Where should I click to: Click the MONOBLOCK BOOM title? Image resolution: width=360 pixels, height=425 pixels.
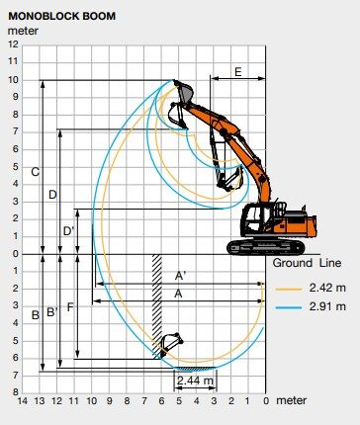click(61, 16)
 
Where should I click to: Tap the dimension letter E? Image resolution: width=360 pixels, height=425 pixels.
click(237, 72)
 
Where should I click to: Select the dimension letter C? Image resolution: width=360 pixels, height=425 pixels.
click(35, 172)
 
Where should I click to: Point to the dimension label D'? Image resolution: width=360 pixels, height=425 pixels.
click(68, 231)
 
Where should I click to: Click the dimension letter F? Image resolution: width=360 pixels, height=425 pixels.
click(70, 307)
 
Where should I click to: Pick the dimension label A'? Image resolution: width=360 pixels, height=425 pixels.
click(180, 276)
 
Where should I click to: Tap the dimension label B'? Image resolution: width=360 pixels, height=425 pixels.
click(52, 311)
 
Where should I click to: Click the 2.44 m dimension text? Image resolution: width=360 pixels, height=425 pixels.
click(195, 381)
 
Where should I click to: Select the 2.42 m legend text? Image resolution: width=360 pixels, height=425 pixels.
click(327, 288)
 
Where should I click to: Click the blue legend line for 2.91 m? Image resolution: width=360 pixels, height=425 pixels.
click(289, 307)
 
